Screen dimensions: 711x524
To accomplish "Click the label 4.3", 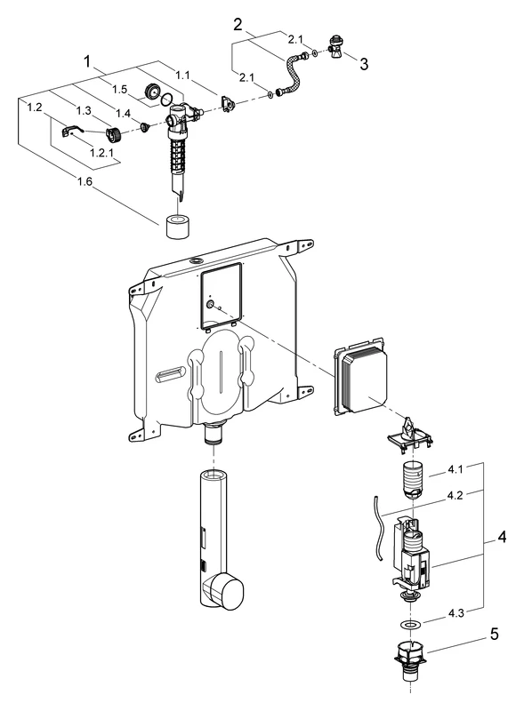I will tap(456, 613).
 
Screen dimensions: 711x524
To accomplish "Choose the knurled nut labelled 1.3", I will tap(113, 134).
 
